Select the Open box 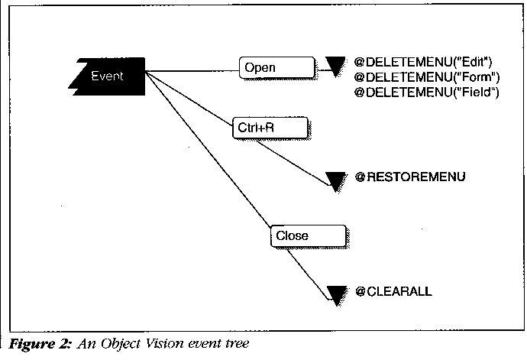pos(276,68)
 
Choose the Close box pos(305,235)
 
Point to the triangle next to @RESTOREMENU pos(335,180)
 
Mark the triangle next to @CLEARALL pos(335,294)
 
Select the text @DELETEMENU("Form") pos(427,76)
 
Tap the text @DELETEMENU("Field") pos(427,92)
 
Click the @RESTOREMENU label pos(410,178)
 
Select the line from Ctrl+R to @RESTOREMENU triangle pos(294,160)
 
